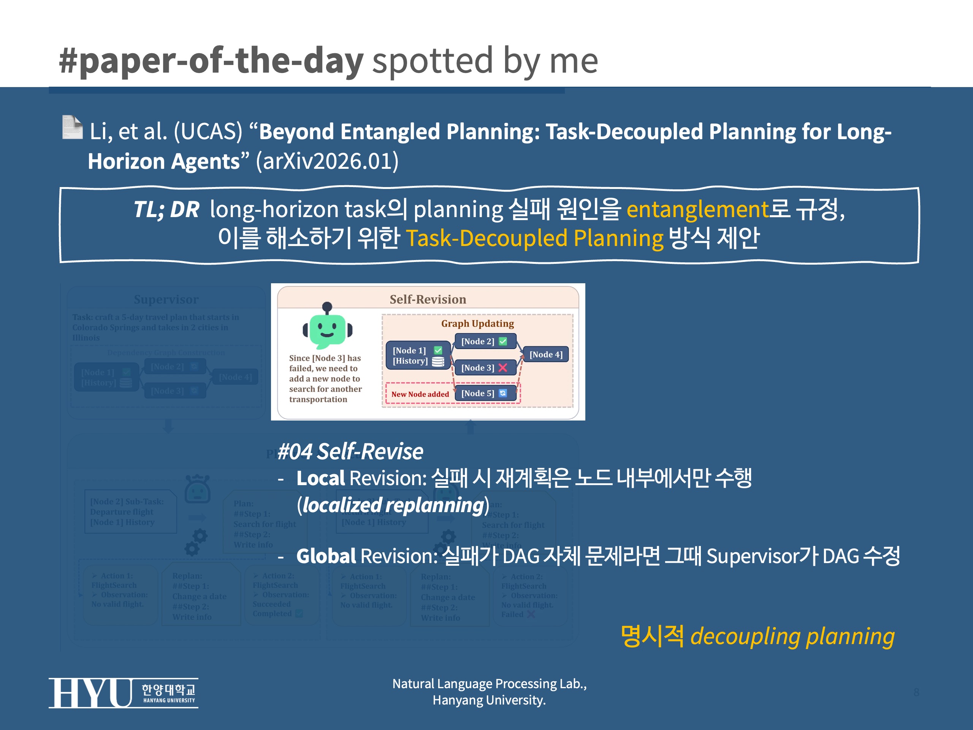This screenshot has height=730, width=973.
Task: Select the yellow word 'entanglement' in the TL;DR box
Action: pos(697,209)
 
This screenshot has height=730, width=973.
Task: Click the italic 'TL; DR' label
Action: pos(166,209)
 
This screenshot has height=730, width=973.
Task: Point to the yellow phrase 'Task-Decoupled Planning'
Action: pos(534,238)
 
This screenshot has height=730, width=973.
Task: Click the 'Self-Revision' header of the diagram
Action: pos(428,299)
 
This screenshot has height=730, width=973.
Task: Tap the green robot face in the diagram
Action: pos(327,329)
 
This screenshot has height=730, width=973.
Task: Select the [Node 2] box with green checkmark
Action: pos(483,341)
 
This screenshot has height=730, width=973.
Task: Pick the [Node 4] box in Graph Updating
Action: pos(545,355)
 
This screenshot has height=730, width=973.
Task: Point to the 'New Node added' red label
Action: pos(420,394)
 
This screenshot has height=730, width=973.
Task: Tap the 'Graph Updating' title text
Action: pos(477,324)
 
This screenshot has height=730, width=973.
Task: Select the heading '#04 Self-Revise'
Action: pos(350,451)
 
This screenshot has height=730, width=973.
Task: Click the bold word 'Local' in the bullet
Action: pos(320,478)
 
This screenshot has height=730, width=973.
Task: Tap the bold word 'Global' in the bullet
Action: pos(325,556)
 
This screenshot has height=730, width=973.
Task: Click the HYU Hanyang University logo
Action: pos(123,693)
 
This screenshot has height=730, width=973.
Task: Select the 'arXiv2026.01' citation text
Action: pos(327,161)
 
